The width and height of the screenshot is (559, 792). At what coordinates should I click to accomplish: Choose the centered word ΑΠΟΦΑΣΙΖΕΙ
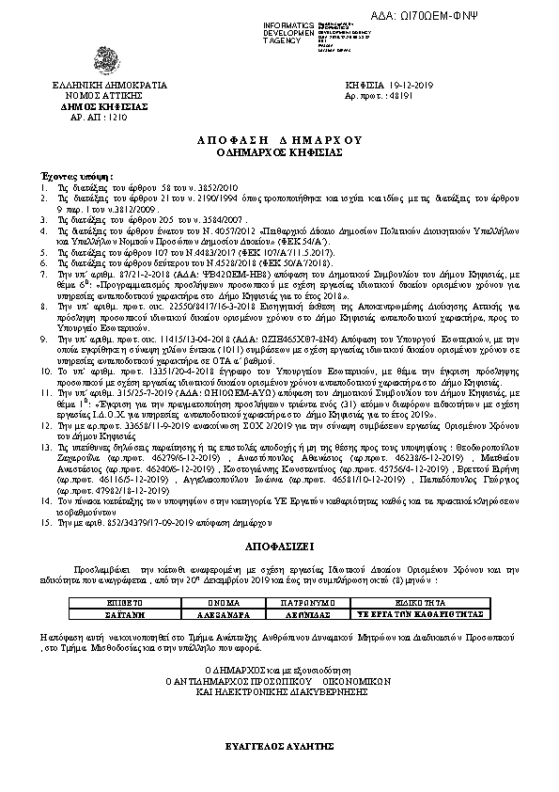[280, 545]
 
